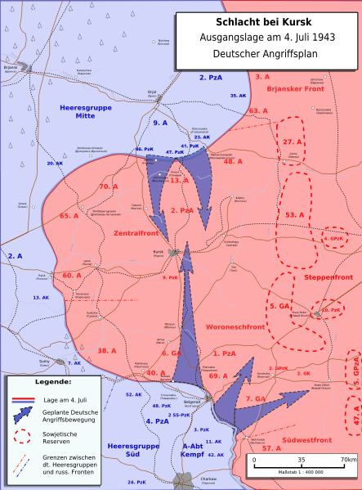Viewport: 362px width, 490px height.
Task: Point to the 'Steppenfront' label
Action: (327, 278)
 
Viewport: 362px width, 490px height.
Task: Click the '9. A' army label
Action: (160, 123)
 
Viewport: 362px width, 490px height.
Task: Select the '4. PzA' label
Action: (157, 420)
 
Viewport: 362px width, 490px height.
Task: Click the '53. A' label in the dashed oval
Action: (294, 214)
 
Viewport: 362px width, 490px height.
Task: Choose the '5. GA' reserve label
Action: (279, 305)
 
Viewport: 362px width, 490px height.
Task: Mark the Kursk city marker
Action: (174, 253)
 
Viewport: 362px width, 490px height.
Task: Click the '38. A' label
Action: (107, 350)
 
